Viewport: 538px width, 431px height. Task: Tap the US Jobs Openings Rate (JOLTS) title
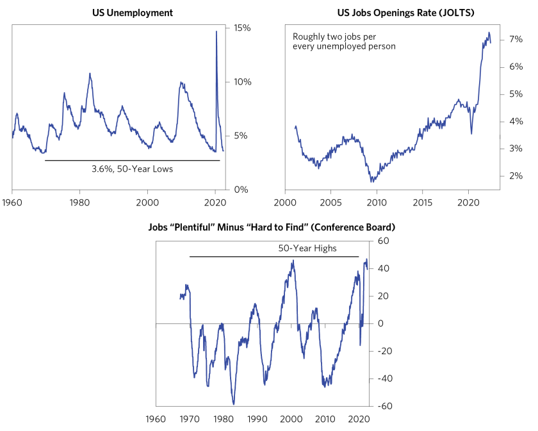click(393, 12)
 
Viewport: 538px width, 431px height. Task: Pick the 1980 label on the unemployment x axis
click(79, 200)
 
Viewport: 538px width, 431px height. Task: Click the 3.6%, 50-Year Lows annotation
click(133, 169)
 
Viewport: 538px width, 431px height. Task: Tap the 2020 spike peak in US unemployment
click(216, 31)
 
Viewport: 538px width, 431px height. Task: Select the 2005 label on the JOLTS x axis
click(330, 200)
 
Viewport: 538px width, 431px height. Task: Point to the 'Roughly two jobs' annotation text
click(344, 42)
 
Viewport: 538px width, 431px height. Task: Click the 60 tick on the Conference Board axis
click(382, 241)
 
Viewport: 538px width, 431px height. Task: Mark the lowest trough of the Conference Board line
click(234, 404)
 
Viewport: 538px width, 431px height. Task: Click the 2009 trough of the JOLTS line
click(372, 183)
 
